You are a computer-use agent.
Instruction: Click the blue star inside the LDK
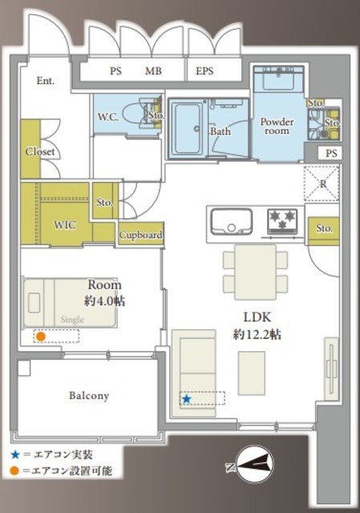coord(187,399)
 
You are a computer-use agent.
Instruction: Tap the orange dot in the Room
coord(40,337)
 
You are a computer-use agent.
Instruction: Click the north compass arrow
coord(254,464)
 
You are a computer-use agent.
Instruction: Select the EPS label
coord(204,71)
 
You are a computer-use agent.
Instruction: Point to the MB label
coord(153,71)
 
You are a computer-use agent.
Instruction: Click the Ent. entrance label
coord(46,81)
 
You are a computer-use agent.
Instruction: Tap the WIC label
coord(65,225)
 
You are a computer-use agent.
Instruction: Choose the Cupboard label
coord(141,235)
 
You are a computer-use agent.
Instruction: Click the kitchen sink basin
coord(232,221)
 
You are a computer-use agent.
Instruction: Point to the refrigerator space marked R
coord(322,184)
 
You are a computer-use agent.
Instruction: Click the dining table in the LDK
coord(255,272)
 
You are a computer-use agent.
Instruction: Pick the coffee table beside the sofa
coord(251,373)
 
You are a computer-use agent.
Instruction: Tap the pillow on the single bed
coord(34,303)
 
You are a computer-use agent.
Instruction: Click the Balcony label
coord(89,395)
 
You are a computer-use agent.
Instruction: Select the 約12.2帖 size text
coord(257,335)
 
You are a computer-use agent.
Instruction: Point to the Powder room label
coord(277,127)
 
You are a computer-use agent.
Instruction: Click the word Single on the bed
coord(72,320)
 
